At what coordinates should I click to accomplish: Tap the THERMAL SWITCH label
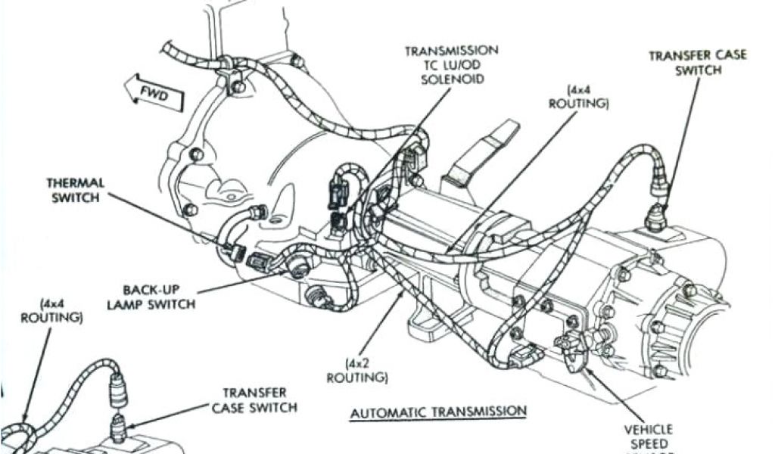75,190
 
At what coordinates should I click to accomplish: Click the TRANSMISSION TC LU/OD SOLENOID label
452,64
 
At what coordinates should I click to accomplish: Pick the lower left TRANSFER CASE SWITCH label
255,400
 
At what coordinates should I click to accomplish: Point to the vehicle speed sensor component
573,345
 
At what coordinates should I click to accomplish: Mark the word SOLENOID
453,79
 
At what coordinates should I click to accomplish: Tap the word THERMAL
75,183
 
